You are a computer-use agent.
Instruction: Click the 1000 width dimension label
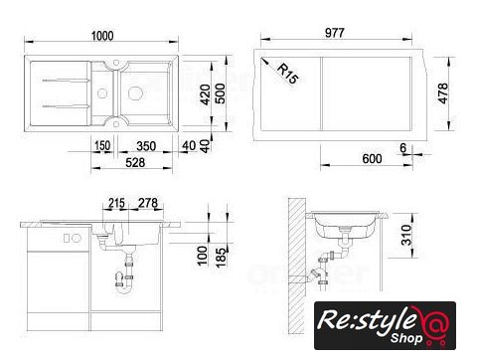102,36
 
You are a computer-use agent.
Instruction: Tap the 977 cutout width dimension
335,33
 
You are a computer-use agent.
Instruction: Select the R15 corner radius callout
287,74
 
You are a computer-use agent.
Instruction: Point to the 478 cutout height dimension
443,93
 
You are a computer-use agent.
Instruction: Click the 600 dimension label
372,159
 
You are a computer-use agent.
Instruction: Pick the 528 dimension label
135,162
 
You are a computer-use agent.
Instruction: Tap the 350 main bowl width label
146,146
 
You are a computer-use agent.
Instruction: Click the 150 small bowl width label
102,146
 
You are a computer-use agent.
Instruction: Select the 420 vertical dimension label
206,94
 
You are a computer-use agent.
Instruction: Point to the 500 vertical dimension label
221,93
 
